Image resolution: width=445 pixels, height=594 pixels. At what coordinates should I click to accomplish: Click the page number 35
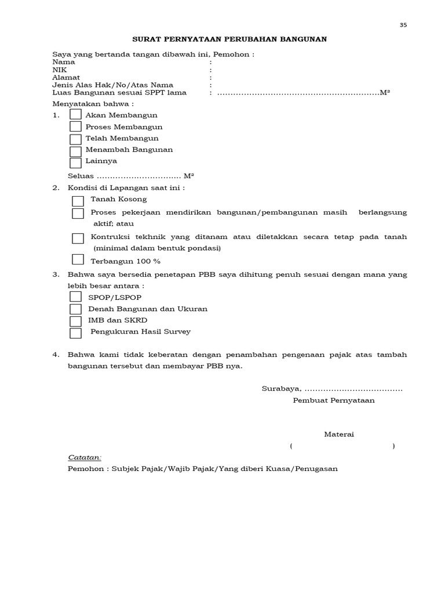[403, 24]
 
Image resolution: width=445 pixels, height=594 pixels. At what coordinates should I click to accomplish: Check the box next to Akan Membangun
[75, 115]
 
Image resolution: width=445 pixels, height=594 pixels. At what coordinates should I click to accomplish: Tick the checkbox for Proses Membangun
[75, 126]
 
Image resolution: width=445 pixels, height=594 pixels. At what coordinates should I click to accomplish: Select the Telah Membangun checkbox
[75, 139]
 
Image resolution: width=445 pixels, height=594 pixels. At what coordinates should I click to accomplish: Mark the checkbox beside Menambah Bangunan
[75, 151]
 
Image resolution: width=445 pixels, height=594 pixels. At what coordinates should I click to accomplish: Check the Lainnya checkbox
[75, 162]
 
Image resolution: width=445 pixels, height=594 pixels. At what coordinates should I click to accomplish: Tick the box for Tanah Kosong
[78, 201]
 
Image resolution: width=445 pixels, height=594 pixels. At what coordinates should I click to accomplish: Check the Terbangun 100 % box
[78, 260]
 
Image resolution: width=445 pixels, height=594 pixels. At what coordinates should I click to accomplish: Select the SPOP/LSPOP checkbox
[75, 297]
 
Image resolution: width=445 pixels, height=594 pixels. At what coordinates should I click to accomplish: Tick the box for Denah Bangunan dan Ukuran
[75, 309]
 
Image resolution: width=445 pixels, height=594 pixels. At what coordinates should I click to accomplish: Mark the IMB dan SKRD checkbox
[75, 321]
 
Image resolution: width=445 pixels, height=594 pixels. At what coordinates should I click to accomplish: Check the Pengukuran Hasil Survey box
[75, 333]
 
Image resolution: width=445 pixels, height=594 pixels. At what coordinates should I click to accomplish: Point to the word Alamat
[63, 77]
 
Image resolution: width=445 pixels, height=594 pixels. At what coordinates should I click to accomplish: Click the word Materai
[338, 434]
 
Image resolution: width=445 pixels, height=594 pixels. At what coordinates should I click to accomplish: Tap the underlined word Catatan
[85, 457]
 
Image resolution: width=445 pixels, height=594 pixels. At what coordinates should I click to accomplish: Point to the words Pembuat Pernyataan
[334, 400]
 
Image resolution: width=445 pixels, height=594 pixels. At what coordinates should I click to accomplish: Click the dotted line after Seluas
[138, 176]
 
